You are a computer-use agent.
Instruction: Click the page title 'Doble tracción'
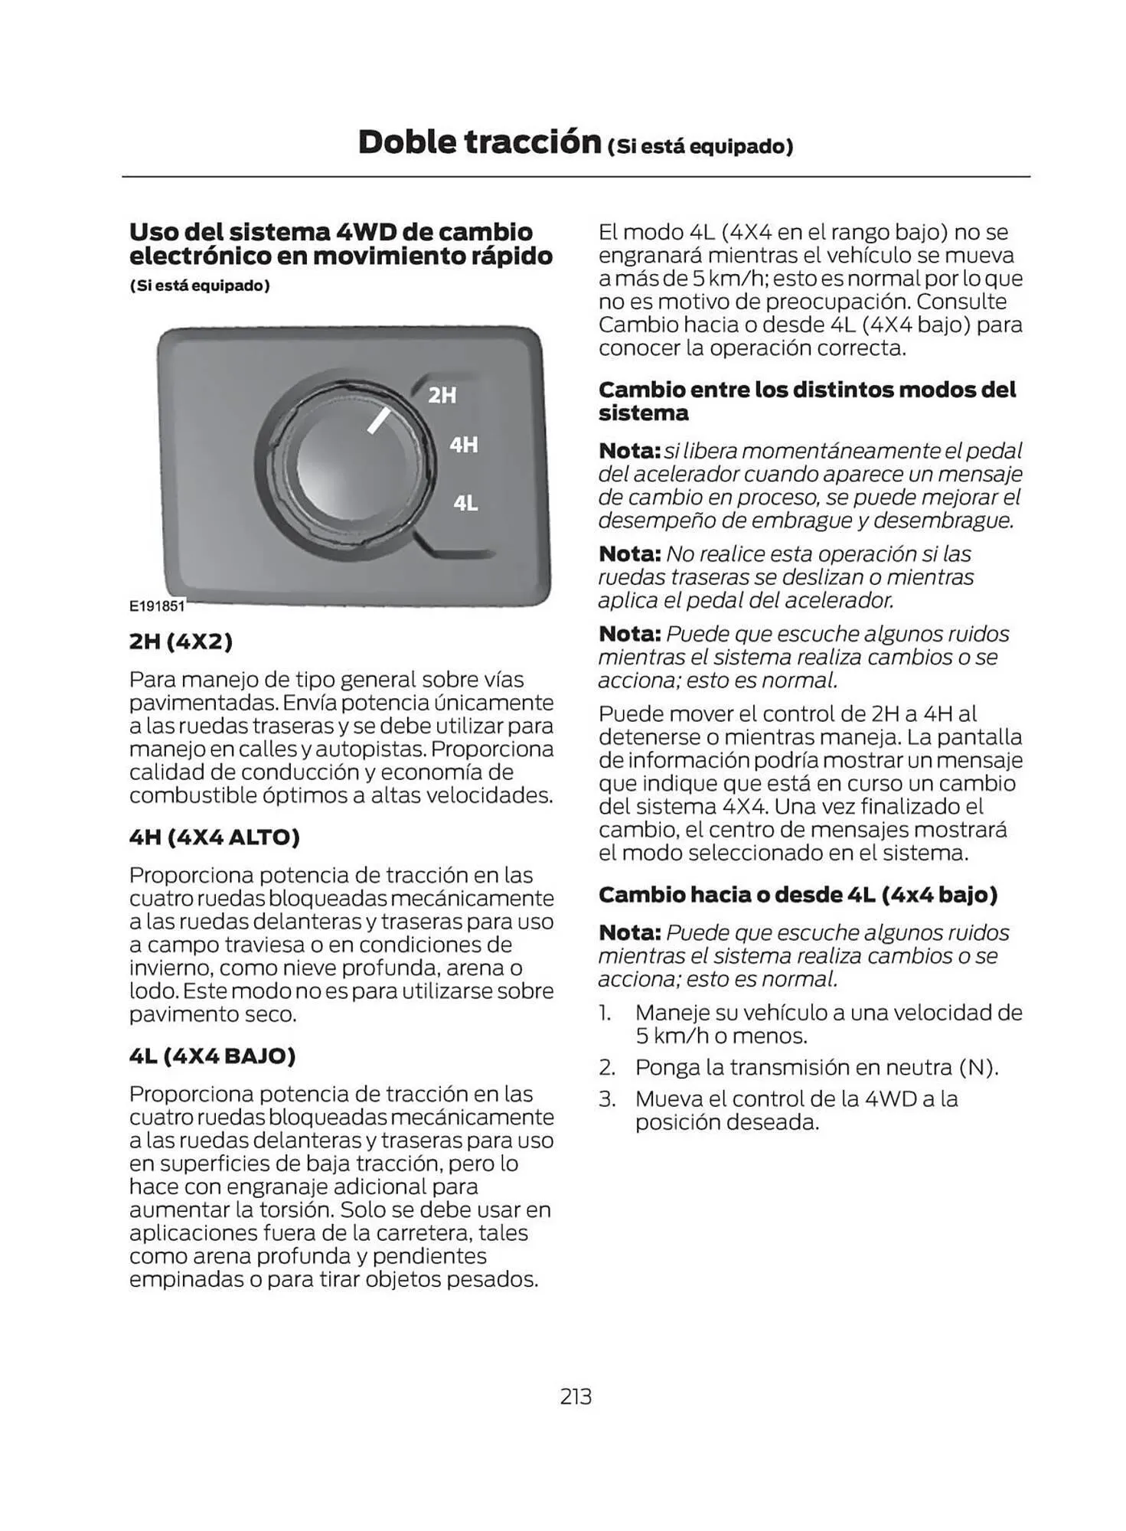pyautogui.click(x=479, y=142)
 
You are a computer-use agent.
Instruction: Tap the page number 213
pyautogui.click(x=576, y=1397)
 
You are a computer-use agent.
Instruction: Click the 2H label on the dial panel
pyautogui.click(x=442, y=395)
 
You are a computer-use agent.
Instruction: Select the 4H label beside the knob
pyautogui.click(x=463, y=445)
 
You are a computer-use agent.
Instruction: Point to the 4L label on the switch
pyautogui.click(x=465, y=503)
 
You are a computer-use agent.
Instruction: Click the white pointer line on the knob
pyautogui.click(x=379, y=420)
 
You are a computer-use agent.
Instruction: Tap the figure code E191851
pyautogui.click(x=157, y=606)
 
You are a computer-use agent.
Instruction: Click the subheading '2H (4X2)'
pyautogui.click(x=181, y=641)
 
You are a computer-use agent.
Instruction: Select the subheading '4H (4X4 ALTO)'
pyautogui.click(x=214, y=837)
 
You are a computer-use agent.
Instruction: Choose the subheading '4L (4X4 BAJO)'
pyautogui.click(x=212, y=1056)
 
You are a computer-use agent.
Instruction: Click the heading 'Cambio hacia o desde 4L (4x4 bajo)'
pyautogui.click(x=798, y=894)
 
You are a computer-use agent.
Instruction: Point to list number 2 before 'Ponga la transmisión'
pyautogui.click(x=607, y=1067)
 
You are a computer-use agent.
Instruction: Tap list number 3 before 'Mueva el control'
pyautogui.click(x=607, y=1099)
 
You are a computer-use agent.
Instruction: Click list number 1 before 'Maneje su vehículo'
pyautogui.click(x=605, y=1013)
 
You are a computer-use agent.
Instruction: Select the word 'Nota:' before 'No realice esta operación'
pyautogui.click(x=629, y=553)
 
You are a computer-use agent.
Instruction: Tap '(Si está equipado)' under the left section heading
pyautogui.click(x=200, y=286)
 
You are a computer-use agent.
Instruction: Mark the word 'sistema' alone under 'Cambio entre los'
pyautogui.click(x=643, y=413)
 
